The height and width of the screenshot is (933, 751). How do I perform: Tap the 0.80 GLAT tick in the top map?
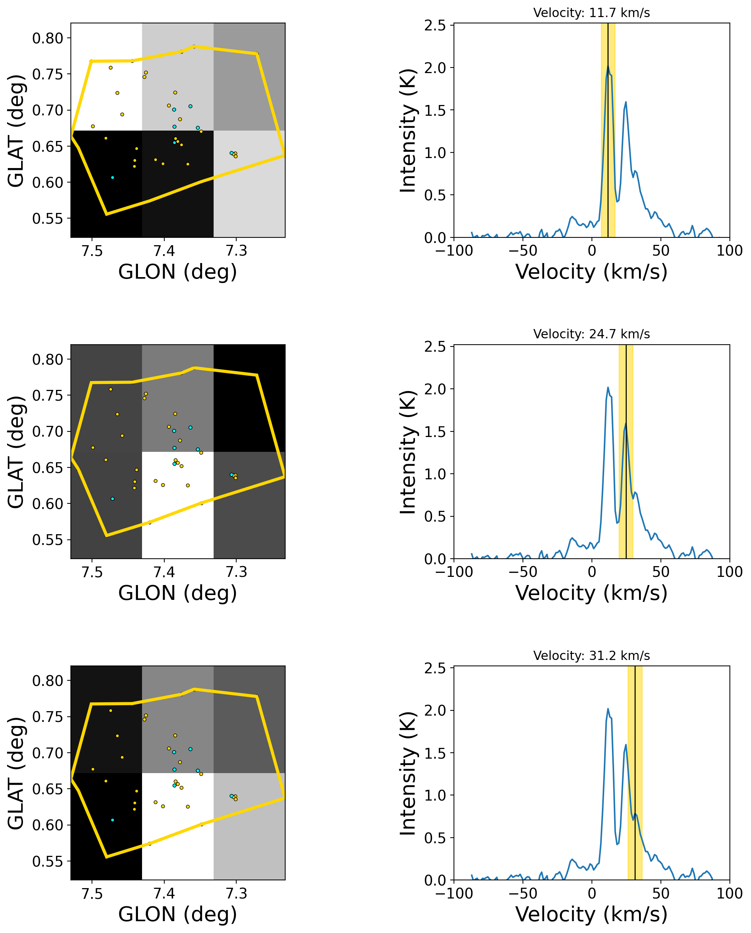pyautogui.click(x=47, y=38)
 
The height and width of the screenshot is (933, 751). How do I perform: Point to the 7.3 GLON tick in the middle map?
pyautogui.click(x=236, y=572)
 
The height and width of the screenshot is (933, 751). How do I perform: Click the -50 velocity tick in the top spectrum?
pyautogui.click(x=523, y=250)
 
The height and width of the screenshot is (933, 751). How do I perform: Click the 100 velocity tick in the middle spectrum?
pyautogui.click(x=729, y=572)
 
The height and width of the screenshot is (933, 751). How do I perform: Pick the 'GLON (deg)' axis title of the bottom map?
pyautogui.click(x=177, y=914)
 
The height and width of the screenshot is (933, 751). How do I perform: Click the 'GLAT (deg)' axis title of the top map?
pyautogui.click(x=16, y=131)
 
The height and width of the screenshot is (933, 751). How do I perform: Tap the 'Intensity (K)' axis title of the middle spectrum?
pyautogui.click(x=408, y=452)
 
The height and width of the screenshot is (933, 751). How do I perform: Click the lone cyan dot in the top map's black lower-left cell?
pyautogui.click(x=112, y=177)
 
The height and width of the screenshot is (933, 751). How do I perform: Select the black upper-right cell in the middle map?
pyautogui.click(x=249, y=398)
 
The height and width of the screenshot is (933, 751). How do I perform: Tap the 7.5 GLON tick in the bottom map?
pyautogui.click(x=92, y=894)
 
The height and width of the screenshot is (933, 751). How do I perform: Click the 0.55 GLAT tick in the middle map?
pyautogui.click(x=47, y=540)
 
